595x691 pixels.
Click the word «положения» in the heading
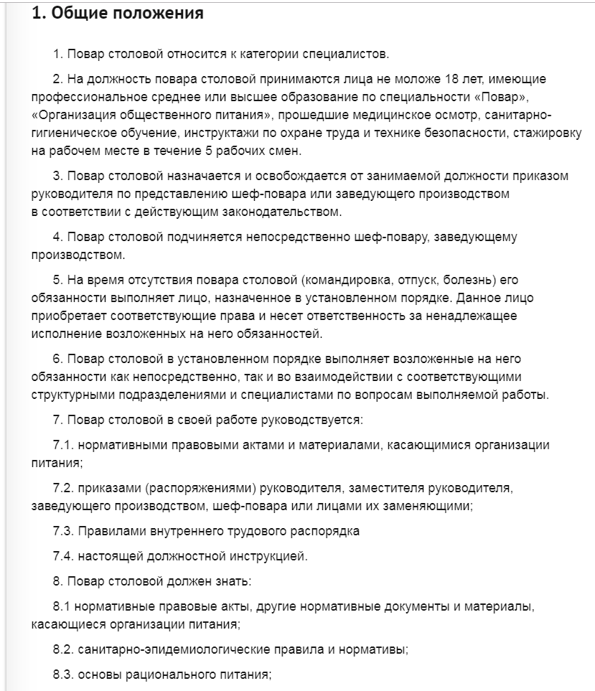pos(154,14)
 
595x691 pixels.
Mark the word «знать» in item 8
pos(228,581)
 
